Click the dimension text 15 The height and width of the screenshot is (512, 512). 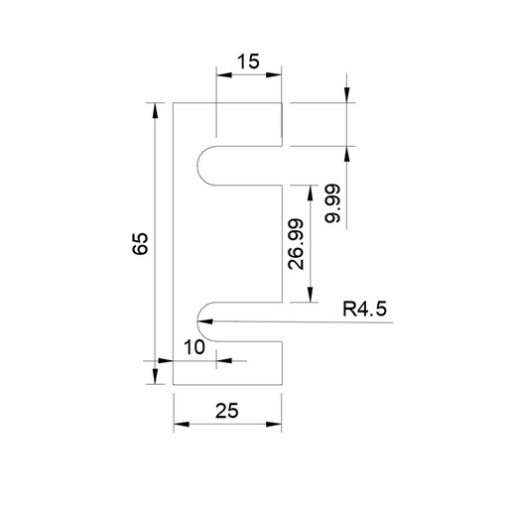[x=248, y=62]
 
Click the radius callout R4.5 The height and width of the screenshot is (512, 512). [x=363, y=309]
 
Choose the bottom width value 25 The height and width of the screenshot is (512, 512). [x=228, y=409]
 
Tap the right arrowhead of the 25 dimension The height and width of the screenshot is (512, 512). [x=284, y=425]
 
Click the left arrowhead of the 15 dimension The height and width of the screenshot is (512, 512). [x=216, y=76]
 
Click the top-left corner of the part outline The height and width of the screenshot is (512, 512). [x=174, y=102]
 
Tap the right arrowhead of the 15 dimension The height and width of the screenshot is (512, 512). [x=283, y=76]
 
